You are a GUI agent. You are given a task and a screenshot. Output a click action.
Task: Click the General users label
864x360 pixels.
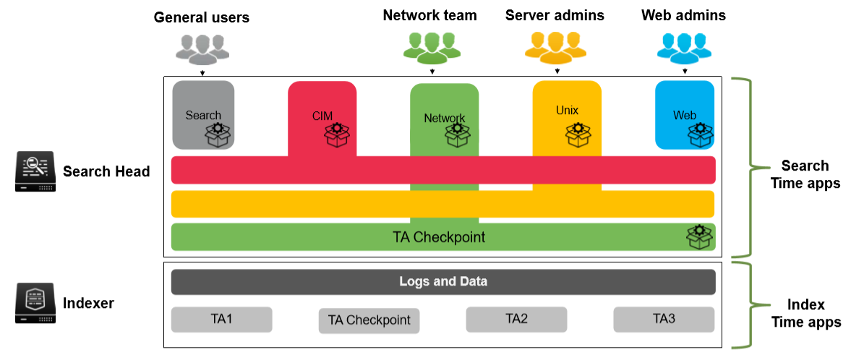[x=201, y=17]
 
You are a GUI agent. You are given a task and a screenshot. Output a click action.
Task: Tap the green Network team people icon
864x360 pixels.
[x=432, y=47]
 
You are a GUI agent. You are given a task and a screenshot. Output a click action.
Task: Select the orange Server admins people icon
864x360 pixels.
[x=556, y=47]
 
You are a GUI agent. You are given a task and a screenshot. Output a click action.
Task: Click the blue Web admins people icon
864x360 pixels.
[x=684, y=47]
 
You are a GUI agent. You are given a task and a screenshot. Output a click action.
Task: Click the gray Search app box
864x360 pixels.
[x=203, y=115]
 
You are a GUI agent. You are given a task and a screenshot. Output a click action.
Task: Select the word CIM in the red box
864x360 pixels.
[x=322, y=115]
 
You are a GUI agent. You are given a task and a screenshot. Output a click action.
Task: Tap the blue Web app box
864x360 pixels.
[x=684, y=115]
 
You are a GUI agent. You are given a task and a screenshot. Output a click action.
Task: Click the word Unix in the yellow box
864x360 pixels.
[x=567, y=111]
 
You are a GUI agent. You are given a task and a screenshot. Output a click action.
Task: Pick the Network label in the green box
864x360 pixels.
[x=444, y=119]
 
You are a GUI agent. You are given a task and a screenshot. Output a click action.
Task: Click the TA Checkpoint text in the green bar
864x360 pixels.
[x=439, y=237]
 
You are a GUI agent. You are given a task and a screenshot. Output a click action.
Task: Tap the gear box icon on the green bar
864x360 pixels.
[x=698, y=236]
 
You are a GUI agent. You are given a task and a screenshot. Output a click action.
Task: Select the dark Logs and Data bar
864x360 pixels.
[x=443, y=282]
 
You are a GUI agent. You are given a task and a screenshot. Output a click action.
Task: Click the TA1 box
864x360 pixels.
[x=221, y=319]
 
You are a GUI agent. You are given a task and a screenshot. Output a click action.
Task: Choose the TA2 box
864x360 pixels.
[x=516, y=319]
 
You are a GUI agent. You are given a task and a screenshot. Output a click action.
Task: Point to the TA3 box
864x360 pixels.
[x=664, y=319]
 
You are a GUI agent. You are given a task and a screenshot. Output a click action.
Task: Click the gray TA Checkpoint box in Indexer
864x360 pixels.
[x=369, y=320]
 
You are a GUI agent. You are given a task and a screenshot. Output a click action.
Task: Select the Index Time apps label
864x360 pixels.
[x=805, y=314]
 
